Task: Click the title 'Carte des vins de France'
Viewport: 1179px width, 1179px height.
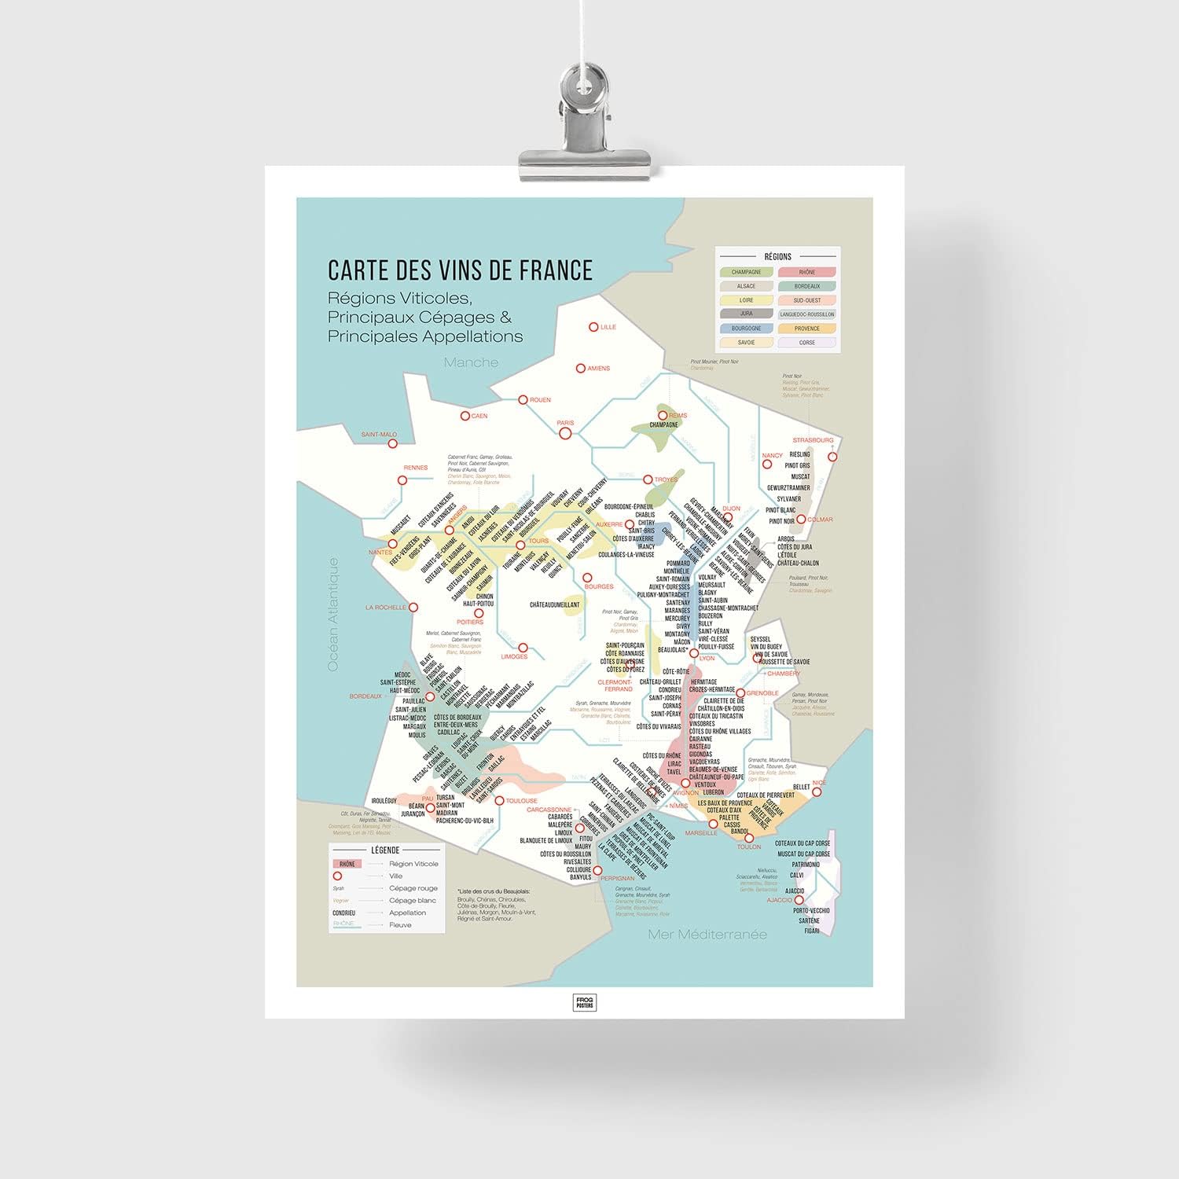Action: tap(460, 270)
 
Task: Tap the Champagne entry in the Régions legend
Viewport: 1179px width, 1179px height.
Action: tap(746, 272)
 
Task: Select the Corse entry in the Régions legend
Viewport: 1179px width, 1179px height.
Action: tap(806, 343)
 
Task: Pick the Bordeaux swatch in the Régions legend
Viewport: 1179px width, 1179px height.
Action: tap(806, 286)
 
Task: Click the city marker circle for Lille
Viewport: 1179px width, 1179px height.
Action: tap(594, 327)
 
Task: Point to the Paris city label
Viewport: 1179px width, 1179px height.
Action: tap(565, 423)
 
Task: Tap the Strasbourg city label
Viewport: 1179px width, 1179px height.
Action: tap(812, 440)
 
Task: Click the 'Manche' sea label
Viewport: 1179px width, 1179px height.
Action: tap(471, 362)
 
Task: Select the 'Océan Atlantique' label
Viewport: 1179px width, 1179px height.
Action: tap(332, 615)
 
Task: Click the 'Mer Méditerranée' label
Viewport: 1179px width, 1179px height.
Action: tap(707, 935)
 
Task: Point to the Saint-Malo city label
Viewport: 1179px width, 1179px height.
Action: tap(379, 435)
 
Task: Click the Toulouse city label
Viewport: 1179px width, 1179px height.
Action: tap(521, 801)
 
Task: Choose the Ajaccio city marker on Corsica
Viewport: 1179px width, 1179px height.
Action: tap(799, 900)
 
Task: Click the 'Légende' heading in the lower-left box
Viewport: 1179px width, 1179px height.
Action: tap(384, 850)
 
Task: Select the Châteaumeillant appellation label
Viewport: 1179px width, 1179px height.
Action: tap(554, 604)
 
